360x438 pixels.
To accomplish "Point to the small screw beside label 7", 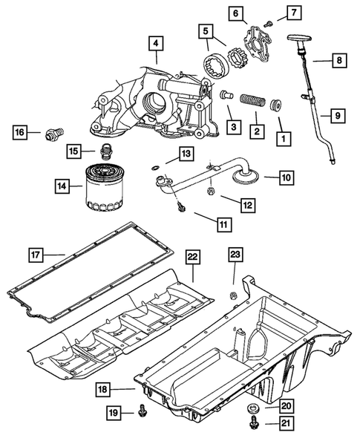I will click(x=269, y=22).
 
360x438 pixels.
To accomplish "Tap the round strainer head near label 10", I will click(x=241, y=174).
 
